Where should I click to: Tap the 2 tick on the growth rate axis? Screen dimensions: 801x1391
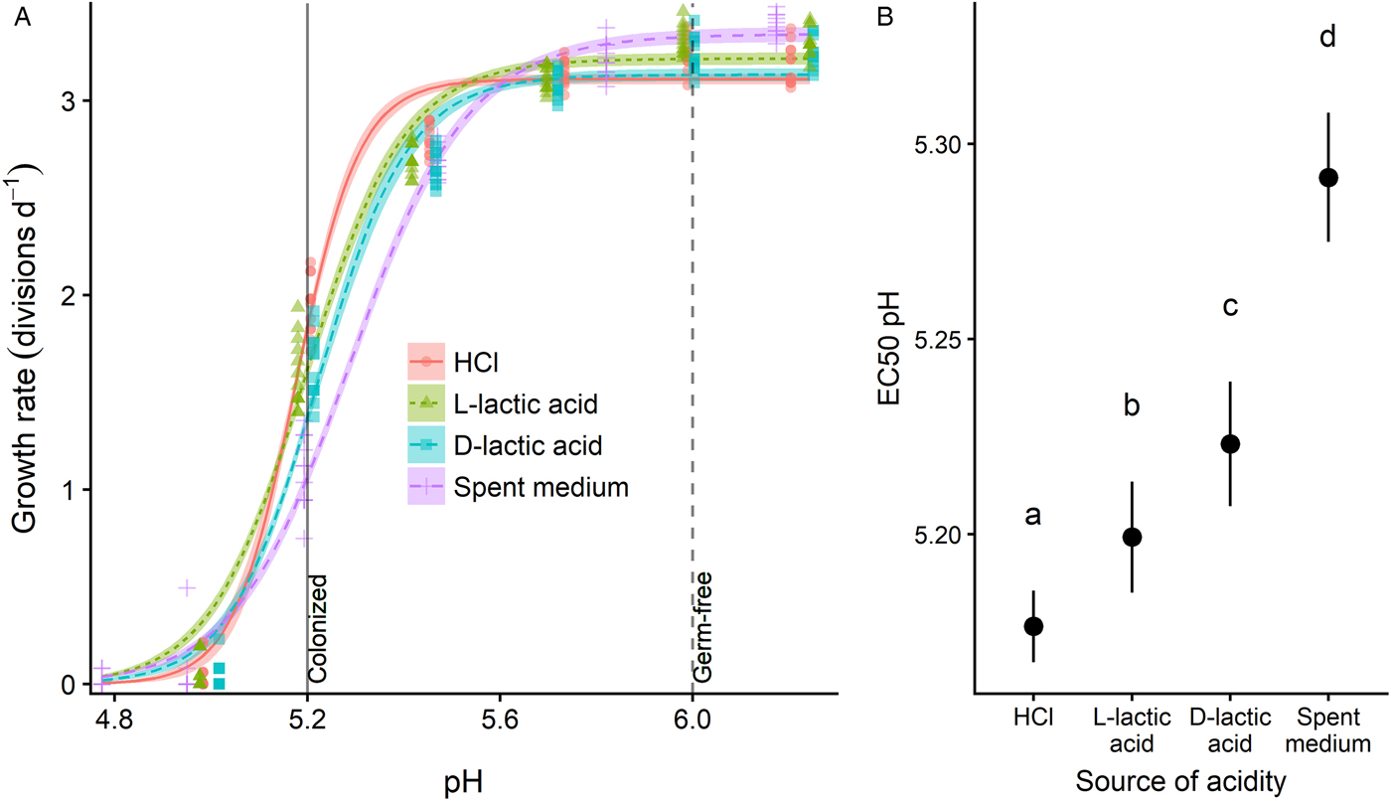69,295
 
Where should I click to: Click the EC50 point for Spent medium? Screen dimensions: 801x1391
1328,178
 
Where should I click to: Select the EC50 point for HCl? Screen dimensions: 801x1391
1033,625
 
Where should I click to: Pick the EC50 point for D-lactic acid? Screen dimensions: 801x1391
1230,443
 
